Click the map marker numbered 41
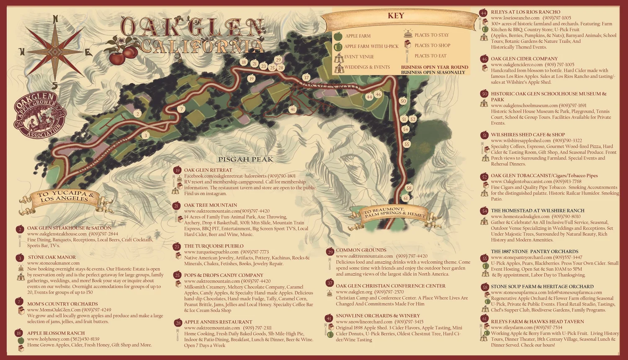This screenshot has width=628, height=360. click(292, 109)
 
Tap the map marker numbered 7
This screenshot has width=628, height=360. click(181, 109)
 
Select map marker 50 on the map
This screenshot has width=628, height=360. click(403, 101)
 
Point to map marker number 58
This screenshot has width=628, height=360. click(409, 188)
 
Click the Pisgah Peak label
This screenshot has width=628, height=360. click(245, 159)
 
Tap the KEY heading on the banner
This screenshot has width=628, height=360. click(396, 16)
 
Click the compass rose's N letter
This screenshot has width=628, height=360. click(56, 19)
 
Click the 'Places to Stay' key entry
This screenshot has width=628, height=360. click(431, 35)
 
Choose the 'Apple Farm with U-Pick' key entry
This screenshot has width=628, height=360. click(371, 46)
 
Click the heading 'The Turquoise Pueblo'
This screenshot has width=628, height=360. click(214, 246)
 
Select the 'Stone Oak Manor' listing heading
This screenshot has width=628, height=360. click(52, 257)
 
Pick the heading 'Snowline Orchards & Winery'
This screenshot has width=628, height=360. click(378, 316)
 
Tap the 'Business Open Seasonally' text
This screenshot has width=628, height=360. click(433, 72)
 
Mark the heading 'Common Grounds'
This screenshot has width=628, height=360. click(360, 250)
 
